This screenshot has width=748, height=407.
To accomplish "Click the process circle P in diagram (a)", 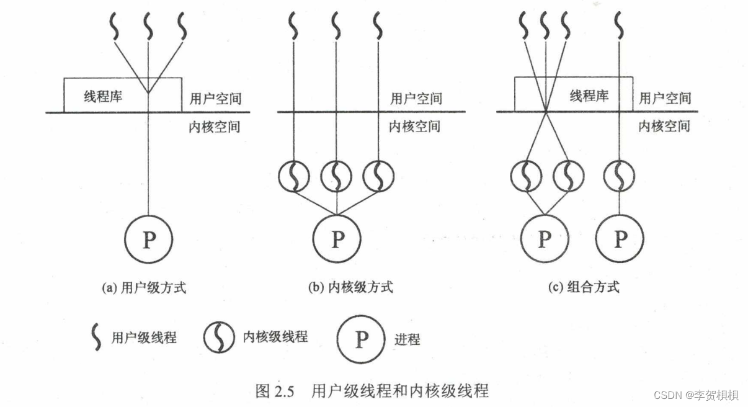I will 148,239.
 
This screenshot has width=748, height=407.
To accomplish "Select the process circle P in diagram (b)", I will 336,239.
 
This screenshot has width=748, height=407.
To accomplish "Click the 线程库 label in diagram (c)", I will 589,96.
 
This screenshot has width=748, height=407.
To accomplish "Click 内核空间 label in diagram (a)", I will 214,127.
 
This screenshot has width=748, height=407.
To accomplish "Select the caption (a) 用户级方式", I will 143,287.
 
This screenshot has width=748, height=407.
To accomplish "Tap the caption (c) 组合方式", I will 584,287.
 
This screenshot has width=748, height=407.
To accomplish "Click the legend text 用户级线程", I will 144,338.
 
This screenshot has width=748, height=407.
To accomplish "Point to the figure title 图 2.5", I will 273,391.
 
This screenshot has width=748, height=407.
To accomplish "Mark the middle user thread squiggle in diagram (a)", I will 148,26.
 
